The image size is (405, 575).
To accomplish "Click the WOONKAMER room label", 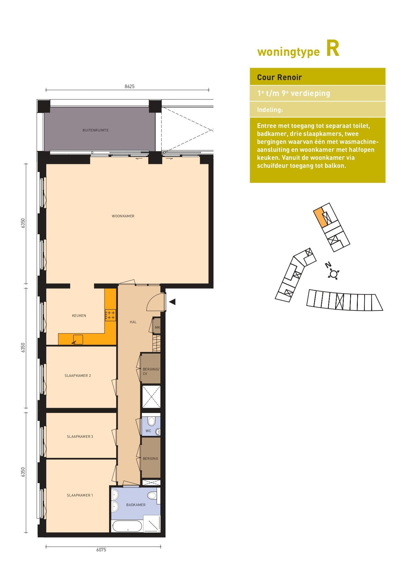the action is pos(123,216).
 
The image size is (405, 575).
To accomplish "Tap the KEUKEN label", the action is pos(79,316).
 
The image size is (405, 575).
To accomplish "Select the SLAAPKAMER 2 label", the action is pos(78,376).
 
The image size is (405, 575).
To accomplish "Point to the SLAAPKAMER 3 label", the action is pos(80,437).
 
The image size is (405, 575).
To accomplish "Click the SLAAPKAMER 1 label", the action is pos(80,495).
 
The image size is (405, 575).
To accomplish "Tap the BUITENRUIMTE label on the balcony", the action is pos(96,130).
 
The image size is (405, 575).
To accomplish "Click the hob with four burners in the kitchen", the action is pos(110,315).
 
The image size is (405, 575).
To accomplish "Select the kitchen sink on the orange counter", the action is pos(78,340).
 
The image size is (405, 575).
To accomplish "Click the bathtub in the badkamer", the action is pos(127,526).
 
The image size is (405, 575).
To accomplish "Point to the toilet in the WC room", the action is pos(151,421).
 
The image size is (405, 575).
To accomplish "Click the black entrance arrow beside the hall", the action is pos(172,302).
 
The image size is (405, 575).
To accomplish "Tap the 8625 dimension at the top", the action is pos(129,86).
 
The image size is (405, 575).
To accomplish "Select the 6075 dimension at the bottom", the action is pos(101,550).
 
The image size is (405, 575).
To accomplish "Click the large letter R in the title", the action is pos(333,49).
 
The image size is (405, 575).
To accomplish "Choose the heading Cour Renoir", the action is pos(279,77).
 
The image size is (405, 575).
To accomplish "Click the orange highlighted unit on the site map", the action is pos(320,218).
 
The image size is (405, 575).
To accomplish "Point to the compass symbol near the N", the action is pos(334,274).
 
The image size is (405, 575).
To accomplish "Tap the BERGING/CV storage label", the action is pos(151,371).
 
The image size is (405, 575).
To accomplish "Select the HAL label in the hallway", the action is pos(133,322).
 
